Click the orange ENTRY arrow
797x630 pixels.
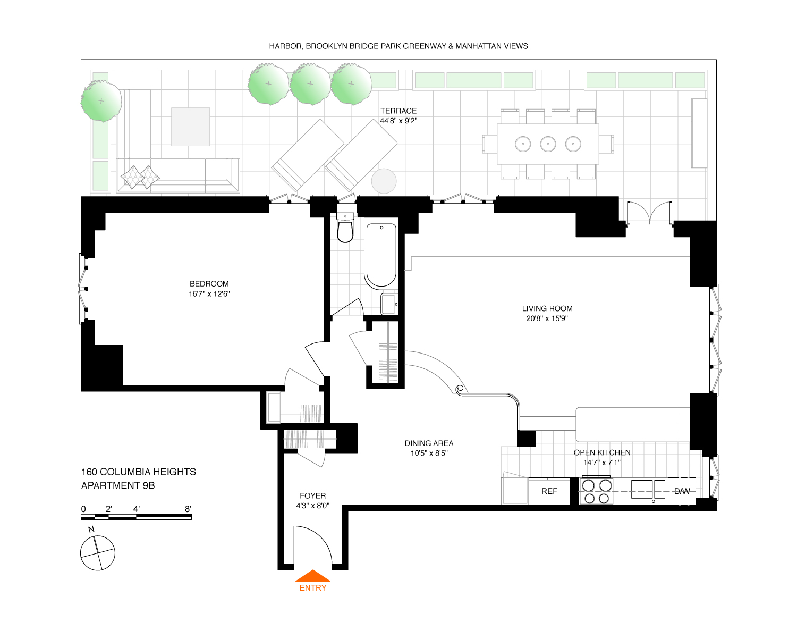pyautogui.click(x=313, y=576)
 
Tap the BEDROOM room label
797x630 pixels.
pyautogui.click(x=209, y=284)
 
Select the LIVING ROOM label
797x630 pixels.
pyautogui.click(x=547, y=308)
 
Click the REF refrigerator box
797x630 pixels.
pyautogui.click(x=549, y=491)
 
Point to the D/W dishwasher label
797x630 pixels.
pyautogui.click(x=682, y=491)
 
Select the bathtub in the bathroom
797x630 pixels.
pyautogui.click(x=381, y=255)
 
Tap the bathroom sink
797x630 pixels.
pyautogui.click(x=389, y=304)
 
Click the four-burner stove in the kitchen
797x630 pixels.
pyautogui.click(x=596, y=491)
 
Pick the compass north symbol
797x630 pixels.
pyautogui.click(x=98, y=553)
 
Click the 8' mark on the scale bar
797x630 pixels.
pyautogui.click(x=188, y=509)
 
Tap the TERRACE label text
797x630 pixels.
pyautogui.click(x=398, y=111)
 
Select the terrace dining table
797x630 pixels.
pyautogui.click(x=548, y=144)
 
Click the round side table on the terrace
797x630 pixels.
pyautogui.click(x=384, y=181)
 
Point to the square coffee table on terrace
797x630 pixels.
pyautogui.click(x=190, y=127)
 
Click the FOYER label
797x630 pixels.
pyautogui.click(x=313, y=495)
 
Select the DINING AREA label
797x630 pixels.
pyautogui.click(x=429, y=443)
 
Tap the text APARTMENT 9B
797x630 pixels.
pyautogui.click(x=118, y=485)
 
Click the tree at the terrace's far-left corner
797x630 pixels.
pyautogui.click(x=101, y=100)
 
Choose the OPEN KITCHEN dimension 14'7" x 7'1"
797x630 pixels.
pyautogui.click(x=602, y=463)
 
